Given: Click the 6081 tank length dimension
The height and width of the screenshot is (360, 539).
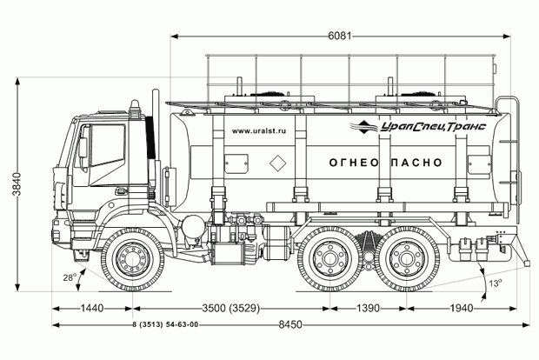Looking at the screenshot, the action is (340, 36).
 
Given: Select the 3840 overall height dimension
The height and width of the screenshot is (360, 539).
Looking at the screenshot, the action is (17, 184).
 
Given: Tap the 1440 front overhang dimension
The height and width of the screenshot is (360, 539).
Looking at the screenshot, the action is (92, 308).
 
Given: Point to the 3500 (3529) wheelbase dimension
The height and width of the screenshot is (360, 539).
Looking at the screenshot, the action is (230, 308).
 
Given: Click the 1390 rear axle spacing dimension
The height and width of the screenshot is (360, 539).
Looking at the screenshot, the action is (368, 308).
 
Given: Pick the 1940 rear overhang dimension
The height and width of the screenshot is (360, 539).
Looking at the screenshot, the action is (462, 308).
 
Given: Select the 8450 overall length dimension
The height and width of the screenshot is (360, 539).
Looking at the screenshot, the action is (290, 324).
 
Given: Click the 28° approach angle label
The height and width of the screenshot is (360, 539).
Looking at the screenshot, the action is (69, 277).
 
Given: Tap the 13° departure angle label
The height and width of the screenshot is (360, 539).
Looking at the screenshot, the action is (496, 283).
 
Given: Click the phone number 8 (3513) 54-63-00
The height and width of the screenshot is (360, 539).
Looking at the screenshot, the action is (165, 324).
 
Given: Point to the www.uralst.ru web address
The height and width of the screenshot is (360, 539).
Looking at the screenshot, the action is (259, 131).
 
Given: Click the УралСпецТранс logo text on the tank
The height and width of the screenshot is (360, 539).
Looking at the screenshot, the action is (433, 127).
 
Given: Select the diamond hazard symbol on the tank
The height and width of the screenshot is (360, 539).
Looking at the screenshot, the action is (277, 163).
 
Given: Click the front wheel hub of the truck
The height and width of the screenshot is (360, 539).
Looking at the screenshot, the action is (132, 259).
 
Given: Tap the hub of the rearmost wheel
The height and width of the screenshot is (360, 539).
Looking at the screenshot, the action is (407, 259).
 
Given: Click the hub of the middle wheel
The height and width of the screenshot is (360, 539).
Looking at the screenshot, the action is (330, 259).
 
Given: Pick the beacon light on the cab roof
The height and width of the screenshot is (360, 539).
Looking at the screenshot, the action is (135, 109).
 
